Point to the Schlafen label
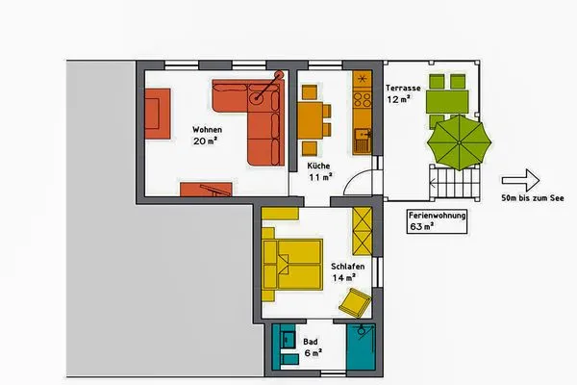[x=345, y=266]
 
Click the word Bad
[x=311, y=342]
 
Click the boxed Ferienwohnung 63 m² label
[x=438, y=222]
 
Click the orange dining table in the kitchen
[x=309, y=120]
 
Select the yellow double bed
[x=293, y=261]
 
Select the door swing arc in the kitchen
[x=356, y=182]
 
